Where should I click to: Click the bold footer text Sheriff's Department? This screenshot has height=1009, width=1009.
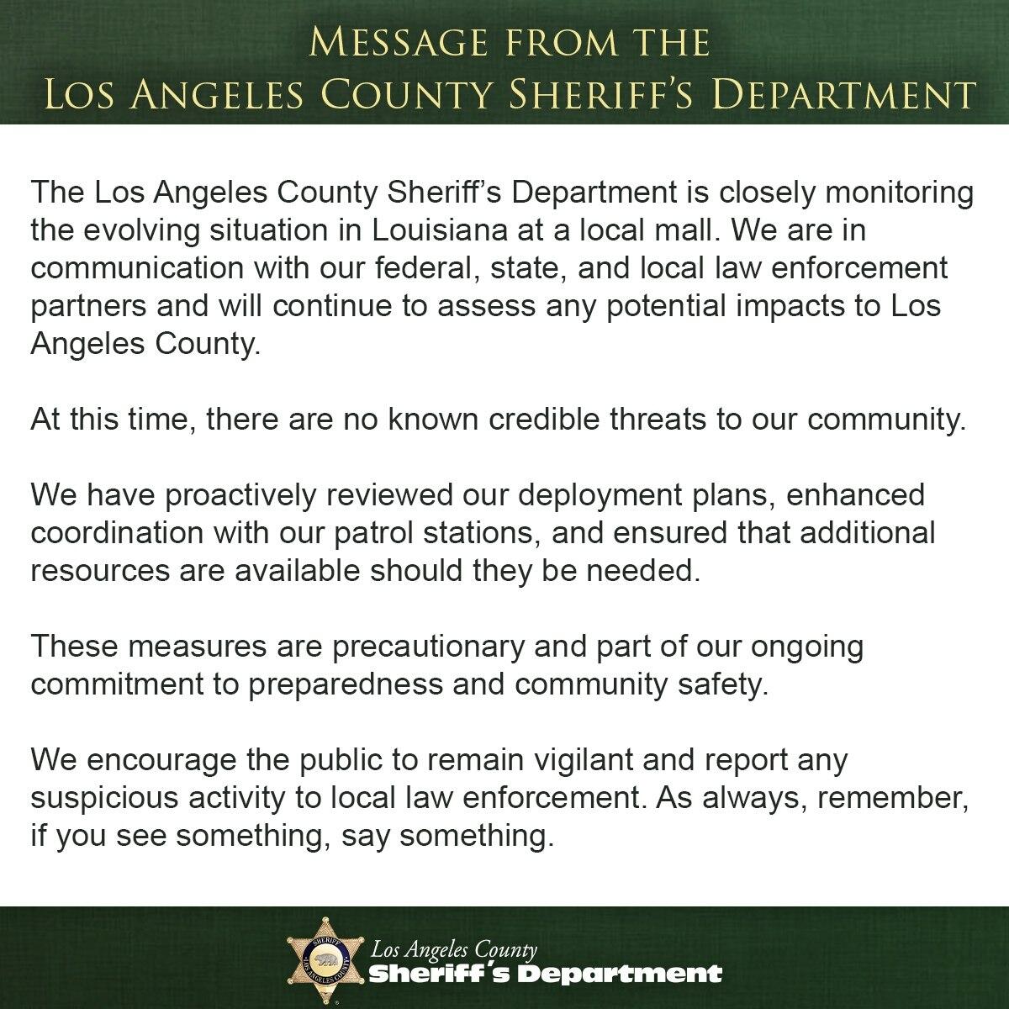coord(547,975)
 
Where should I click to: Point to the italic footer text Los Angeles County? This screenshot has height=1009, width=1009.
coord(454,950)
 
